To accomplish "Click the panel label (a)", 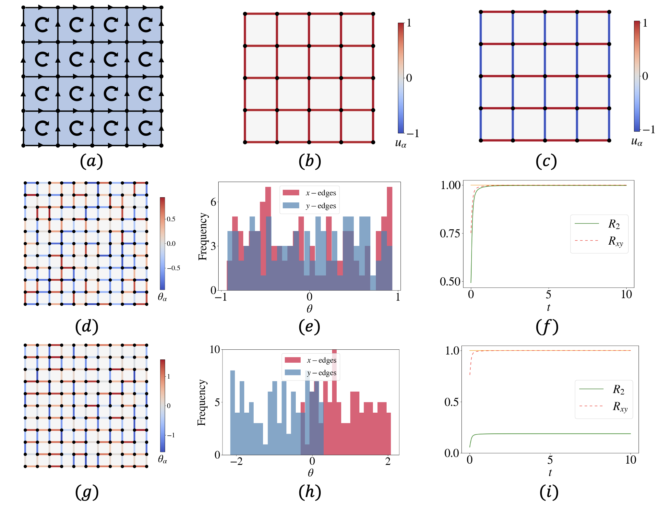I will click(91, 161).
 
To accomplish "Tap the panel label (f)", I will click(547, 327).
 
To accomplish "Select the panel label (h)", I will click(310, 492).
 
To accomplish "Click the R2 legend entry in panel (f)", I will click(614, 224).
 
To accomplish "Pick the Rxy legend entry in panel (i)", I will click(620, 406).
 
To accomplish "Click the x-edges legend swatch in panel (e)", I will click(291, 193).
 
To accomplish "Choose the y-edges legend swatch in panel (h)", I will click(293, 372).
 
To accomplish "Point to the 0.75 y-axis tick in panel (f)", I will click(450, 233).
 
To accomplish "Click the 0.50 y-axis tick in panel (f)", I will click(450, 281).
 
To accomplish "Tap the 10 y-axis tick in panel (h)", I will click(215, 349).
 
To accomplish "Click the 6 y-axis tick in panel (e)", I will click(213, 202).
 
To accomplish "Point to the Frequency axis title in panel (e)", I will click(203, 236).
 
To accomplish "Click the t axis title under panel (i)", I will click(550, 473).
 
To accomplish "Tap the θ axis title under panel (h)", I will click(310, 473).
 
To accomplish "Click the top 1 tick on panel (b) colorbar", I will click(409, 23).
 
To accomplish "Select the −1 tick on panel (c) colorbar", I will click(649, 130).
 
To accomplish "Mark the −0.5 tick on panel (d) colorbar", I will click(173, 268).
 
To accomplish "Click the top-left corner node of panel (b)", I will click(245, 14).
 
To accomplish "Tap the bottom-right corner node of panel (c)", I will click(609, 140).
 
